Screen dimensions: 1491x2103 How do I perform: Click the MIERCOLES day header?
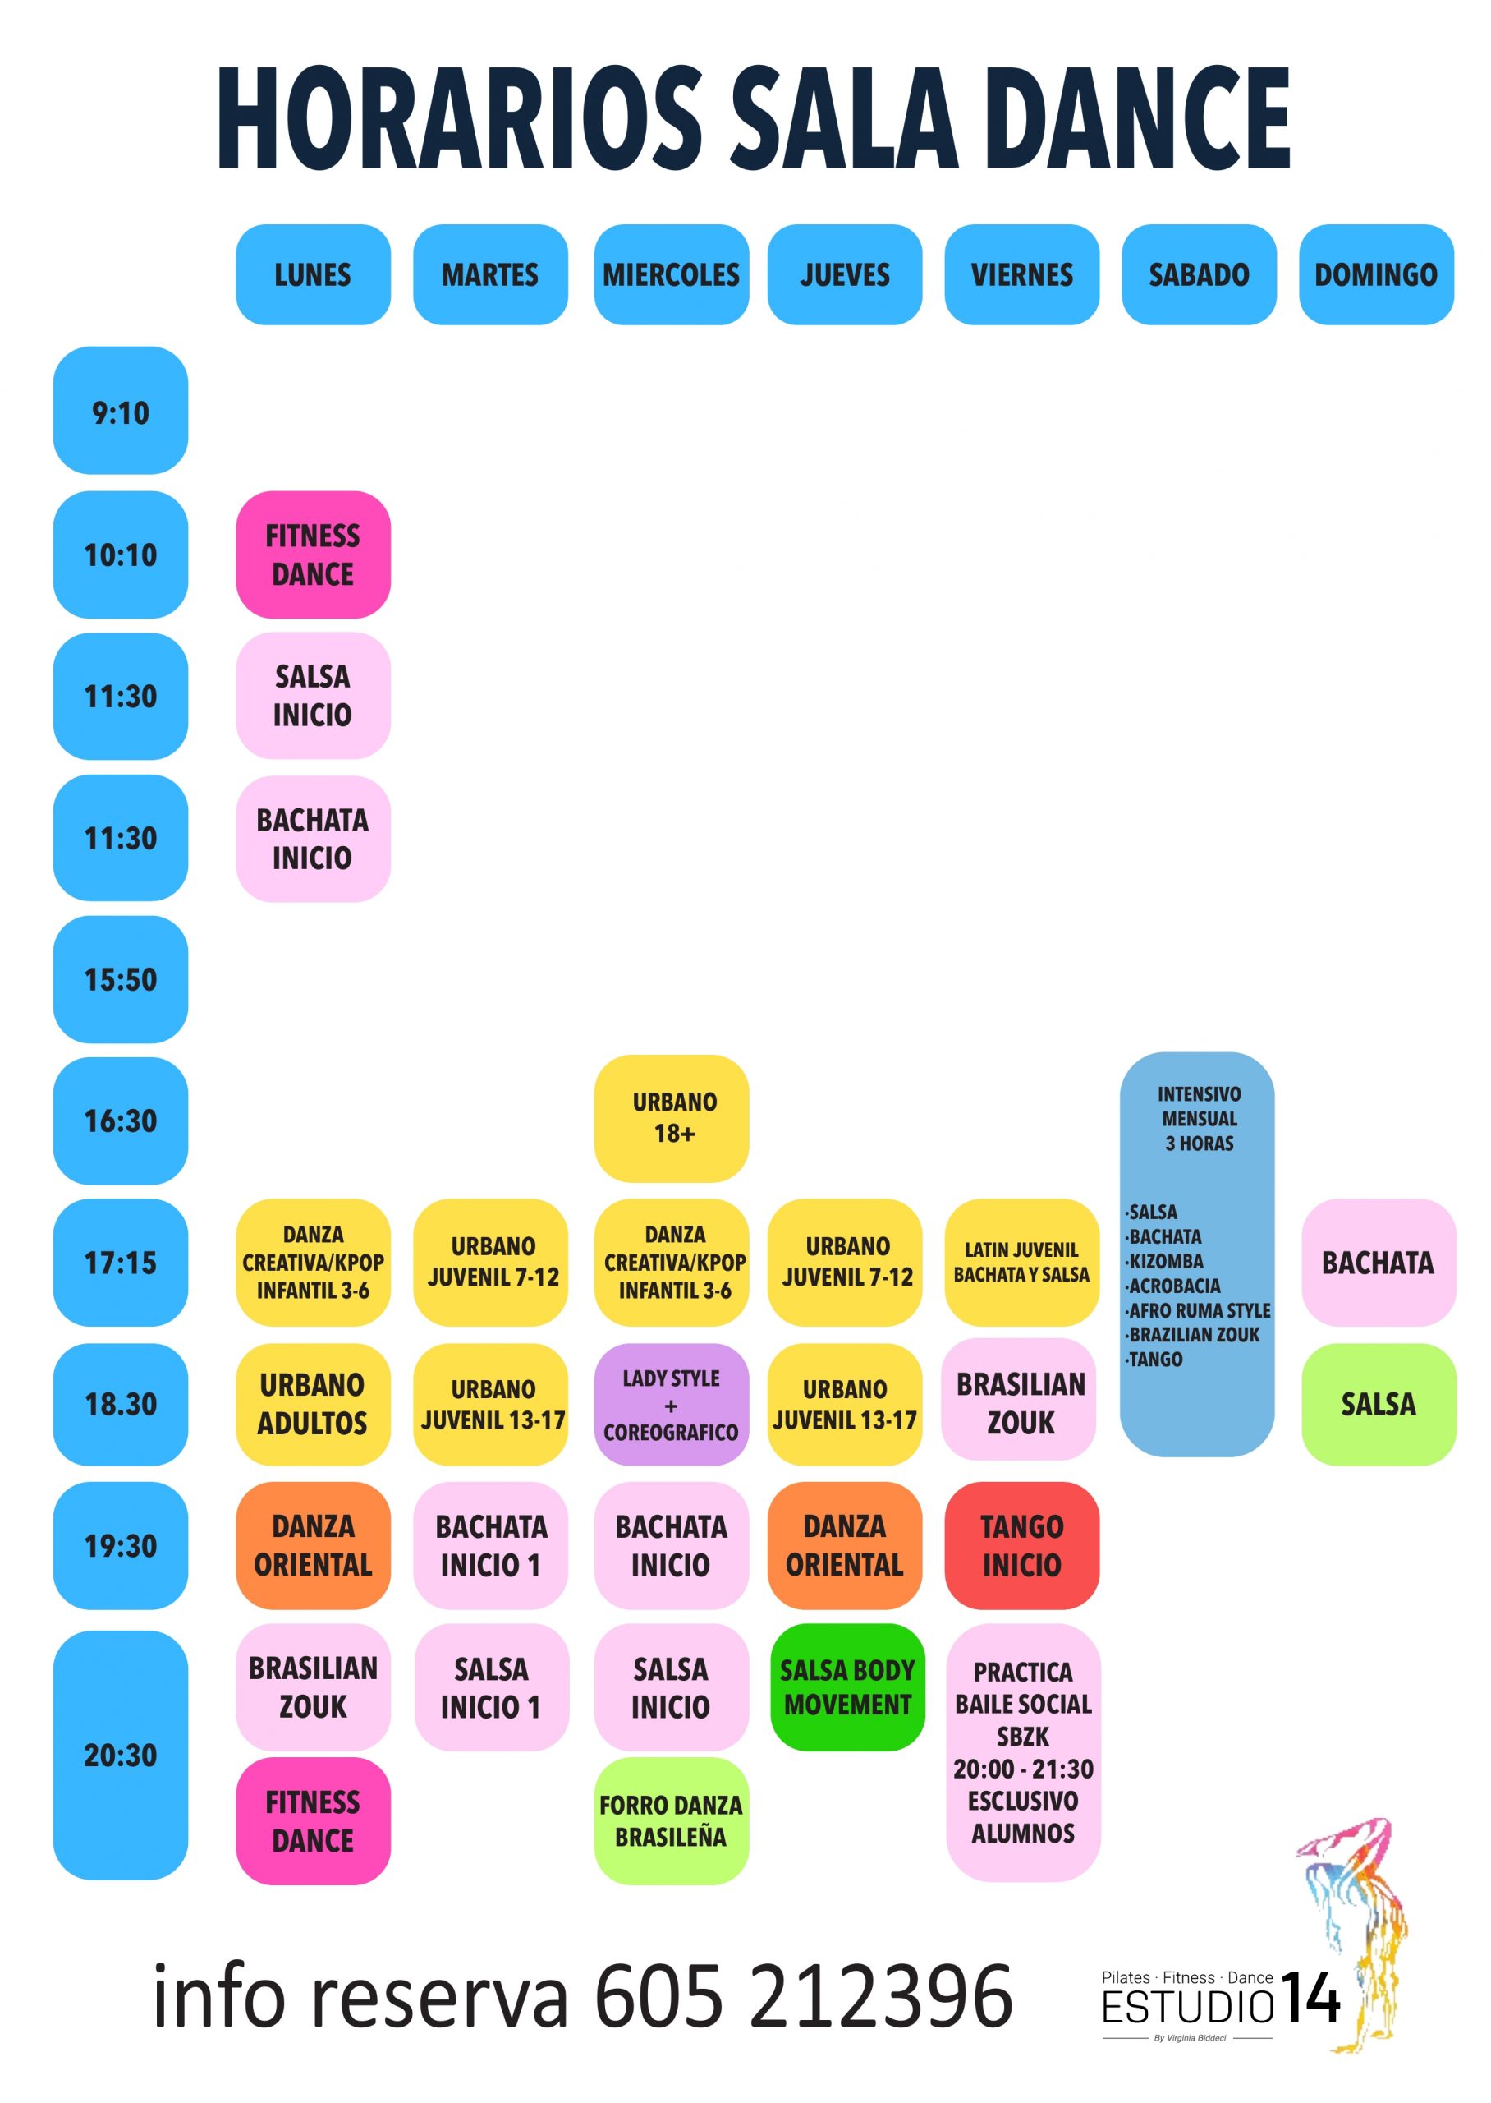tap(671, 274)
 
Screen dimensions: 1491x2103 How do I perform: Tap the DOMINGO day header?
tap(1376, 274)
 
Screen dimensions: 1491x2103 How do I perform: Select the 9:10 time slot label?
tap(120, 411)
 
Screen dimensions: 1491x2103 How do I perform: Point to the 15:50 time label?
tap(120, 979)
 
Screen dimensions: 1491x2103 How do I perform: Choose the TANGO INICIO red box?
tap(1022, 1545)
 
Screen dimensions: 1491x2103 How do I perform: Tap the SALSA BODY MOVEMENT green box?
tap(847, 1688)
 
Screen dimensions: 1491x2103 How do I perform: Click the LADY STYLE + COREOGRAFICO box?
tap(671, 1404)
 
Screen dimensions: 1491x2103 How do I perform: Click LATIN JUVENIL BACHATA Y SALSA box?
tap(1022, 1263)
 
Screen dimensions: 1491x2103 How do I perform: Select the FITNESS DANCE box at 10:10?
tap(313, 555)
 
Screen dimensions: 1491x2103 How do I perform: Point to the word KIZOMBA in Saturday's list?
tap(1164, 1261)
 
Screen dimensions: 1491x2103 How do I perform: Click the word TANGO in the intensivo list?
tap(1154, 1359)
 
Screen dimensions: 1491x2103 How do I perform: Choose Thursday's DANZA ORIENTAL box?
tap(845, 1545)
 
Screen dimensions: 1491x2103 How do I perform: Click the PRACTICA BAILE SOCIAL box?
tap(1023, 1753)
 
